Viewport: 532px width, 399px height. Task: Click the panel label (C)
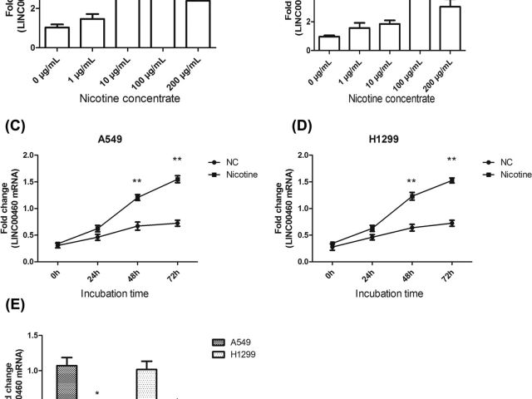[17, 126]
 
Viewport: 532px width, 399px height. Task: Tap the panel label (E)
[16, 304]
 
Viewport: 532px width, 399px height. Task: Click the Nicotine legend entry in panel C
[242, 175]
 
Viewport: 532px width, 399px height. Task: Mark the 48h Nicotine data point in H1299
[410, 196]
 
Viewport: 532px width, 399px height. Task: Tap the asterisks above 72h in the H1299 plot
[451, 160]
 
